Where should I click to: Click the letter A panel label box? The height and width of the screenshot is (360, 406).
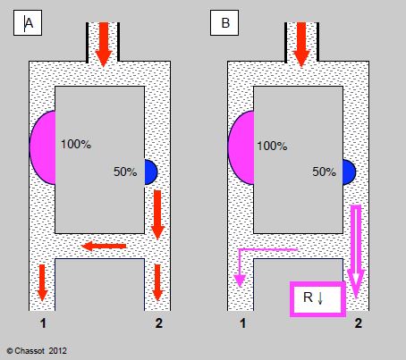[x=28, y=23]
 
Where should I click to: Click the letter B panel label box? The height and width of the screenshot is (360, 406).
[x=224, y=23]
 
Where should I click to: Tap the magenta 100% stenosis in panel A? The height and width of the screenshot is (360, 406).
[x=43, y=147]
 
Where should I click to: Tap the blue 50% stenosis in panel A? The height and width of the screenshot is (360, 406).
[x=150, y=172]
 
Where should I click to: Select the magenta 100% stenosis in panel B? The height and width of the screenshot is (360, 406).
[x=241, y=147]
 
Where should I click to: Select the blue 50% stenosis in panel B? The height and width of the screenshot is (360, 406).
[x=349, y=172]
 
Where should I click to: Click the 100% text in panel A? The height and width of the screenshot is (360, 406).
[x=76, y=145]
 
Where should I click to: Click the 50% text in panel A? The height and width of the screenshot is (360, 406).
[x=125, y=172]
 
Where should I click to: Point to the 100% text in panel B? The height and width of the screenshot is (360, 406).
[x=272, y=146]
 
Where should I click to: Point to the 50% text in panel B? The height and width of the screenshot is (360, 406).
[x=324, y=172]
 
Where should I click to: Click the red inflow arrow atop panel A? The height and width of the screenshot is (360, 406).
[x=104, y=44]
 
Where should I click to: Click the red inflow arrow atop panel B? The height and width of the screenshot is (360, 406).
[x=301, y=44]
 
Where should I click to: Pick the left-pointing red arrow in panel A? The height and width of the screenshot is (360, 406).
[x=104, y=247]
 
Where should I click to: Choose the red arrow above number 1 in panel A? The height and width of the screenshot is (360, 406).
[x=42, y=282]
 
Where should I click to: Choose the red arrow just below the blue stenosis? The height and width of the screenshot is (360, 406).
[x=157, y=214]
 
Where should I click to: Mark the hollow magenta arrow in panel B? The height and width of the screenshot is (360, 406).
[x=356, y=252]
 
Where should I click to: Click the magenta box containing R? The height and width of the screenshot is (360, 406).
[x=317, y=299]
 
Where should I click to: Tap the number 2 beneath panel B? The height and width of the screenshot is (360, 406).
[x=359, y=323]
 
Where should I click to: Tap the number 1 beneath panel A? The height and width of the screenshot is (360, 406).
[x=43, y=323]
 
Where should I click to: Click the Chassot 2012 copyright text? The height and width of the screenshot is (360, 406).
[x=37, y=351]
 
